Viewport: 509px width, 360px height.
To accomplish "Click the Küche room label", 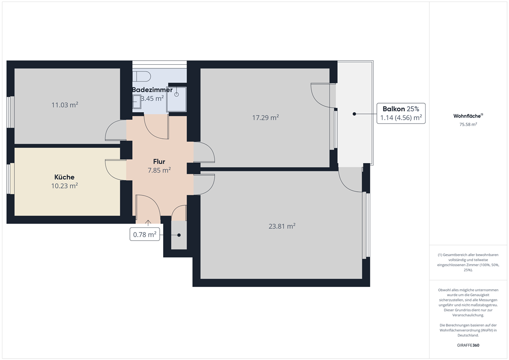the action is [64, 177].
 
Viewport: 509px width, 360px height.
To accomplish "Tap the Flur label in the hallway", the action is [159, 162].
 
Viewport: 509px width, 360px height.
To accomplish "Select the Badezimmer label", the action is [152, 90].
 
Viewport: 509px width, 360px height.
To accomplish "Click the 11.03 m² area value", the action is [65, 105].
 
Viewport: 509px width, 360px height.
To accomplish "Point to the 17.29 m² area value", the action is [266, 118].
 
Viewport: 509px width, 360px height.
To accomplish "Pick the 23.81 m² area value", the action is [282, 226].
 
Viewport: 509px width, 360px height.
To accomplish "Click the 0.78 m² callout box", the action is [145, 234].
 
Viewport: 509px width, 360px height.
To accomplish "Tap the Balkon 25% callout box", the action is [401, 113].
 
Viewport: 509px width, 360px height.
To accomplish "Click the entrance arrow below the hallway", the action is [148, 223].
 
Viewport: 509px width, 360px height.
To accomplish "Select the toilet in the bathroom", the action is [142, 76].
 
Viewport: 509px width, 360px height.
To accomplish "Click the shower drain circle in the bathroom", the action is [177, 95].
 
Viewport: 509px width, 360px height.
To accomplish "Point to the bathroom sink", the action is [136, 101].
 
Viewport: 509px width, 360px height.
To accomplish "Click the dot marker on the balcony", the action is [354, 114].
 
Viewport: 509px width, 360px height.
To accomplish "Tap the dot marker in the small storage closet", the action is [179, 235].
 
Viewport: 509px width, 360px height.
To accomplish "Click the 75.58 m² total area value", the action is [468, 124].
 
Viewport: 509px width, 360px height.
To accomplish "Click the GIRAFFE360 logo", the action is [468, 345].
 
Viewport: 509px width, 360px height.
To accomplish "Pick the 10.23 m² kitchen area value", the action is [64, 186].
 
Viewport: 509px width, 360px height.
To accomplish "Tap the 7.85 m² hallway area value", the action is [159, 170].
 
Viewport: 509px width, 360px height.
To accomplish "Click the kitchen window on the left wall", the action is [11, 179].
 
